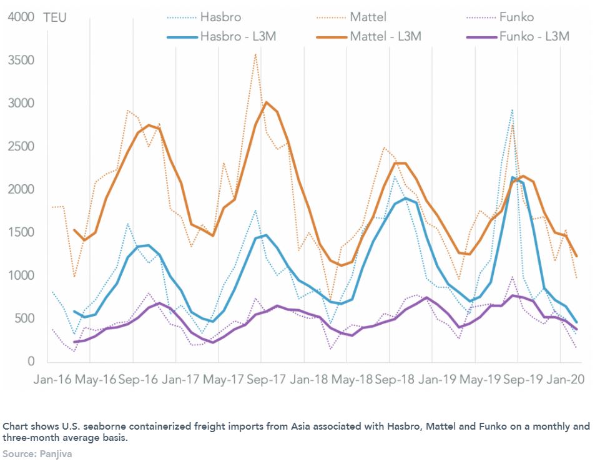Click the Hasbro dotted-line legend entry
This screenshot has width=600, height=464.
point(220,17)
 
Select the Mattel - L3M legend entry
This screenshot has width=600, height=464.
point(385,37)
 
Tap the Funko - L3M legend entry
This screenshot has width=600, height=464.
point(534,37)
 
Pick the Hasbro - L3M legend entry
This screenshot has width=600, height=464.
point(238,37)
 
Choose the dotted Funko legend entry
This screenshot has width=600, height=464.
point(516,17)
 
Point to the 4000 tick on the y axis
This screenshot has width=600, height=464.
point(21,17)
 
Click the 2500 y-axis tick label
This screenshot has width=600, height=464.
point(21,146)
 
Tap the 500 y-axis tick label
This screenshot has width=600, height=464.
point(25,318)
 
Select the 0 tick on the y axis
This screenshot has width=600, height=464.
point(31,362)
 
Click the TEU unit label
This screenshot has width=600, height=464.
point(55,17)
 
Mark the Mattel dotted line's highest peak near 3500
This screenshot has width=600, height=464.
point(255,54)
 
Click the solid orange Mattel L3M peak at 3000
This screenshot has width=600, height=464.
point(266,102)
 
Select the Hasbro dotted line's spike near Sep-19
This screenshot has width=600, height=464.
point(512,111)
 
